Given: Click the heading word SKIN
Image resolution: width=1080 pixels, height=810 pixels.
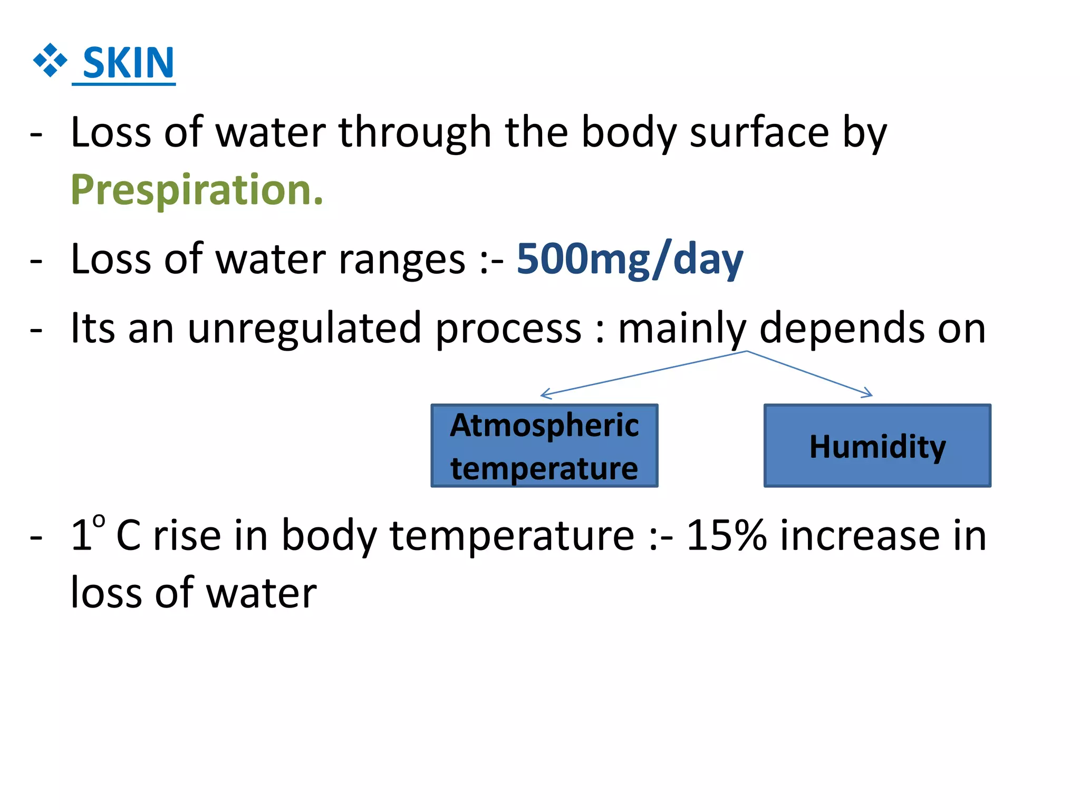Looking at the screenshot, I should pyautogui.click(x=128, y=63).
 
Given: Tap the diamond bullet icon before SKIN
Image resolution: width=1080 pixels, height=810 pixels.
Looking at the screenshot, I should pyautogui.click(x=50, y=60).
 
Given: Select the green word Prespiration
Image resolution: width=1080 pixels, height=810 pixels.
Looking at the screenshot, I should pyautogui.click(x=197, y=190).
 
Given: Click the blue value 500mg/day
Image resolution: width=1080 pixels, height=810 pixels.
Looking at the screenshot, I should pyautogui.click(x=630, y=259).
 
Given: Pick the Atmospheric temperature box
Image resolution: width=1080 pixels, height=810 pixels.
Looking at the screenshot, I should pyautogui.click(x=544, y=446).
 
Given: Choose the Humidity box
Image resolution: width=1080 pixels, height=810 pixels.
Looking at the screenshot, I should pyautogui.click(x=877, y=446).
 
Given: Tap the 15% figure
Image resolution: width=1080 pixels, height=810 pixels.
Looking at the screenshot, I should pyautogui.click(x=726, y=536).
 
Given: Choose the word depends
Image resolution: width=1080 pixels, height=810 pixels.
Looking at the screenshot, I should pyautogui.click(x=842, y=329).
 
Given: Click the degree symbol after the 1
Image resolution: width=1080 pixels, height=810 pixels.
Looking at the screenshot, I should pyautogui.click(x=99, y=521).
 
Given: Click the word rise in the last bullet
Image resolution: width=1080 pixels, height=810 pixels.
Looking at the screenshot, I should pyautogui.click(x=187, y=536).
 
